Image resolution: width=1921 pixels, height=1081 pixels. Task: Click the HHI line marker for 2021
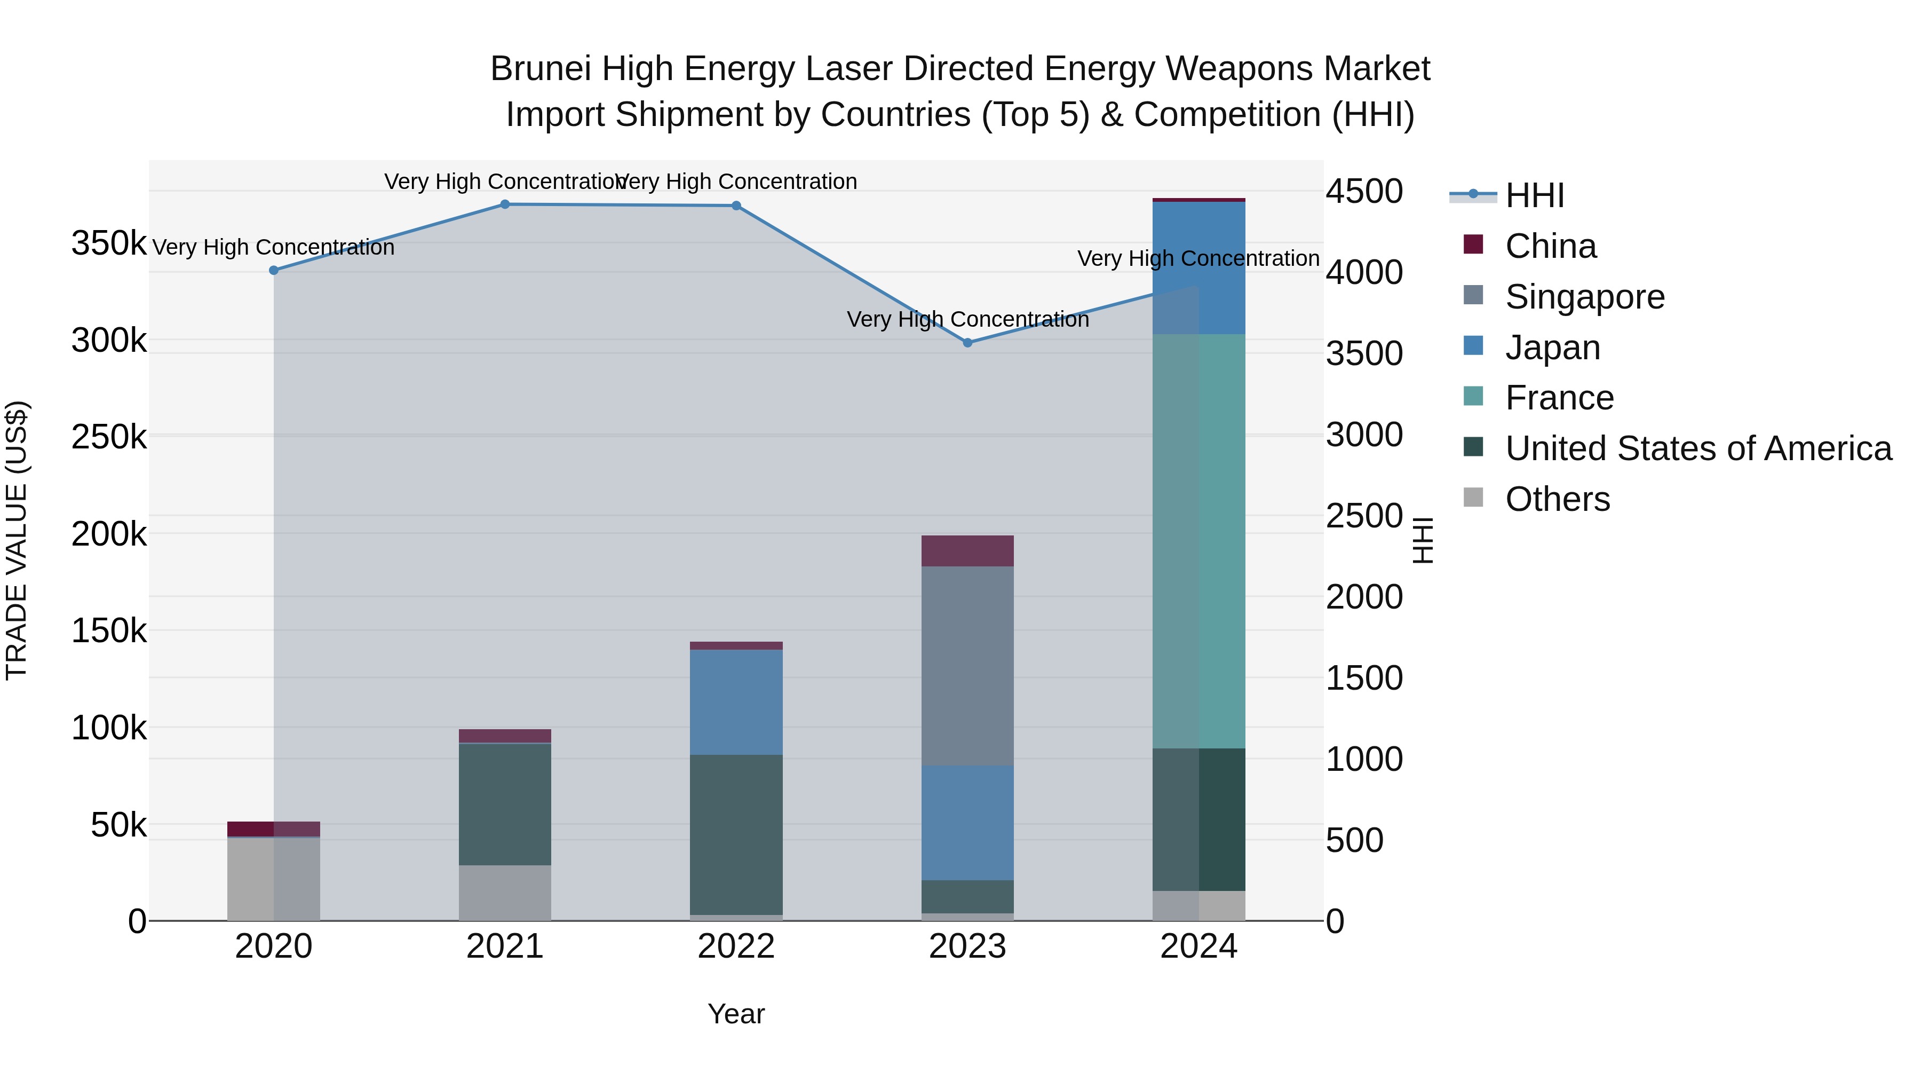tap(505, 204)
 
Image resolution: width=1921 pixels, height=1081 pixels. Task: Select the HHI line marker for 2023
tap(967, 343)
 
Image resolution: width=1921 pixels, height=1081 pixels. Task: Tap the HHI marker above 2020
tap(274, 270)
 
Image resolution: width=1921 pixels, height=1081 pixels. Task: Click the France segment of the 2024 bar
tap(1198, 541)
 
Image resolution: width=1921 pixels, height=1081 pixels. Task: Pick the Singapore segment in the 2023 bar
tap(967, 666)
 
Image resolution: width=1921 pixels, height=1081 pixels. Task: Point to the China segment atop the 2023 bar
tap(967, 550)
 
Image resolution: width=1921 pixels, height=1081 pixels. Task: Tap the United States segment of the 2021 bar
tap(505, 804)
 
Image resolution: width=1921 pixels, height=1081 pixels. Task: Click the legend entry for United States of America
tap(1698, 448)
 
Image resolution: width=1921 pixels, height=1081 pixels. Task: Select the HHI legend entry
tap(1534, 195)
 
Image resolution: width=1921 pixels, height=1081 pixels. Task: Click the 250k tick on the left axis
tap(109, 437)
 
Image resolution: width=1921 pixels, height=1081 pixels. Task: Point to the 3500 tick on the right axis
tap(1364, 353)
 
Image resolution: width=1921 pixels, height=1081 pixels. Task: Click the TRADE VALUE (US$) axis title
tap(17, 540)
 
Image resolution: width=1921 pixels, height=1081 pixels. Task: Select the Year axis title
tap(736, 1014)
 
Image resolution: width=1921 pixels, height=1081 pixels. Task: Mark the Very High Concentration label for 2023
tap(967, 319)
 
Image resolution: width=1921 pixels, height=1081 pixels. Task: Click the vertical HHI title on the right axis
tap(1422, 540)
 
